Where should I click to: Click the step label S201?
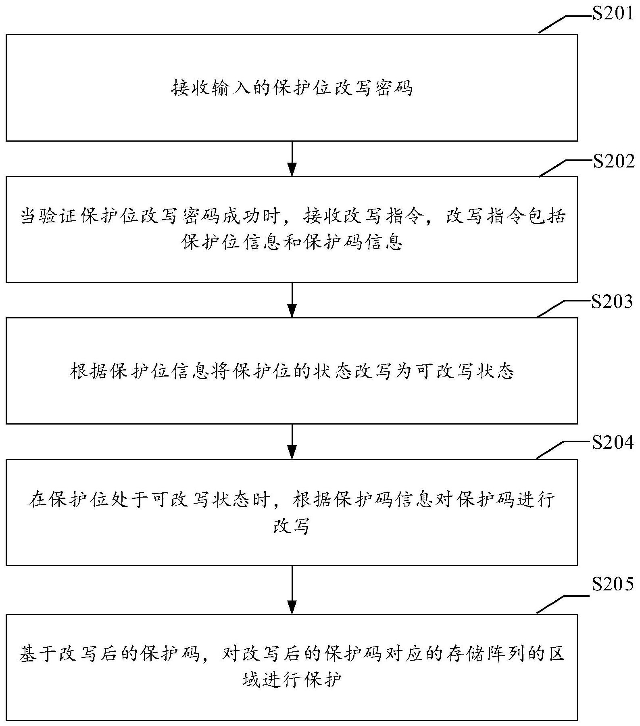612,15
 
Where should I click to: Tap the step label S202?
613,161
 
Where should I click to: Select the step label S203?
612,302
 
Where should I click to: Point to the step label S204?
612,443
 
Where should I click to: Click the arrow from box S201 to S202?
292,159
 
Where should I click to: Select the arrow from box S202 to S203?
292,300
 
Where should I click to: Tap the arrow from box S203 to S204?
292,441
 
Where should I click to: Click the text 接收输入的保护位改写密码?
292,88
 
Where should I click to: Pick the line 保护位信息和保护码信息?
292,242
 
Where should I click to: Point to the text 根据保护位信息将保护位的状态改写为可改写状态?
292,371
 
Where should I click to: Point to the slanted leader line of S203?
551,309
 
